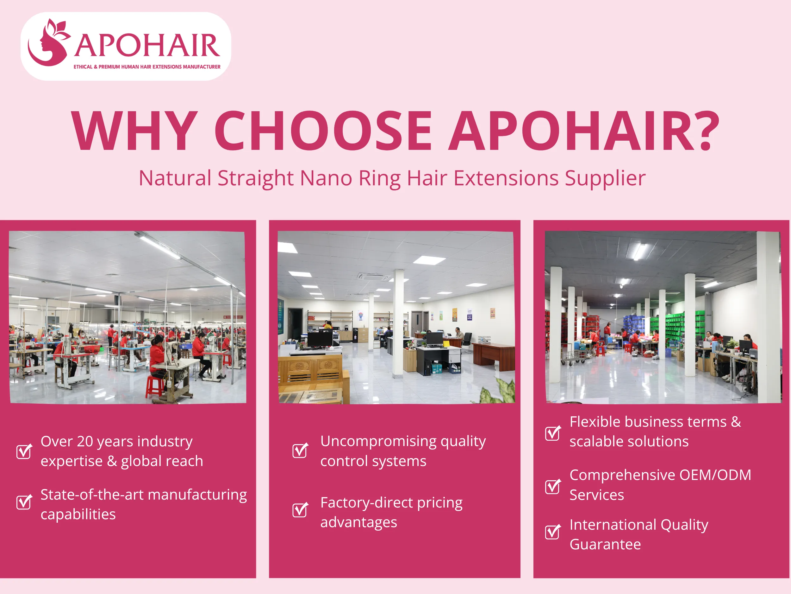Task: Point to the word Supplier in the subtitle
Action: click(605, 178)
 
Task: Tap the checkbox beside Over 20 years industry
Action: click(24, 451)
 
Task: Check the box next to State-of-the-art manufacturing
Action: click(24, 502)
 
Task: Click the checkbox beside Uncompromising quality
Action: click(300, 450)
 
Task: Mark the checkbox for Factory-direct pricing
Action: click(300, 510)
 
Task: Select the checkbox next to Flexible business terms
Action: click(552, 433)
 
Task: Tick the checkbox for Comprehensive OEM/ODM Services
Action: click(552, 486)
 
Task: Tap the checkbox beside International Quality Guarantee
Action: click(552, 532)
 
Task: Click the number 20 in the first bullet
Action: click(85, 442)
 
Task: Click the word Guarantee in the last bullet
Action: click(605, 545)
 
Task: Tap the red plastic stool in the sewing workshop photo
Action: click(154, 387)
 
